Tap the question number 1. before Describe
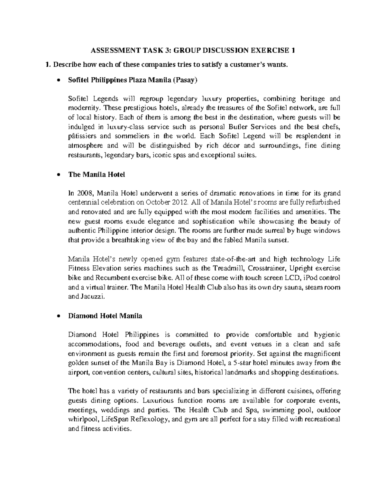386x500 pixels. point(48,65)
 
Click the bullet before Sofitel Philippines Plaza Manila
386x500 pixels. point(58,81)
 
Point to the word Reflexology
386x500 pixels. point(152,420)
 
